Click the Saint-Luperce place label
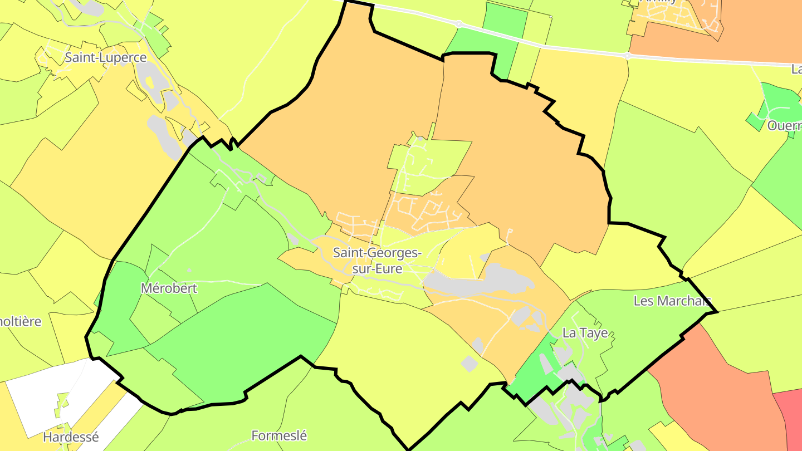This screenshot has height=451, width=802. (105, 57)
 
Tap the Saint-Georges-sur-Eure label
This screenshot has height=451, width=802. (377, 260)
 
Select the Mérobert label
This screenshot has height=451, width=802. (169, 288)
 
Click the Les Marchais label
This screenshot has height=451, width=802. (672, 301)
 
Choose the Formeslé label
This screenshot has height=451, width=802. (279, 435)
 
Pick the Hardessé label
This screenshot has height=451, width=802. (71, 437)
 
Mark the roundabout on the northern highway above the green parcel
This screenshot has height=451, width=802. (458, 24)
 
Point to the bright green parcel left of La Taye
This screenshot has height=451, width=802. (535, 373)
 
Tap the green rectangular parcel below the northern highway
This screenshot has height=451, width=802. (504, 33)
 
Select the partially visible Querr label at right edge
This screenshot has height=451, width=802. (784, 125)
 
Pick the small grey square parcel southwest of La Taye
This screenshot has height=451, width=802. (470, 364)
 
